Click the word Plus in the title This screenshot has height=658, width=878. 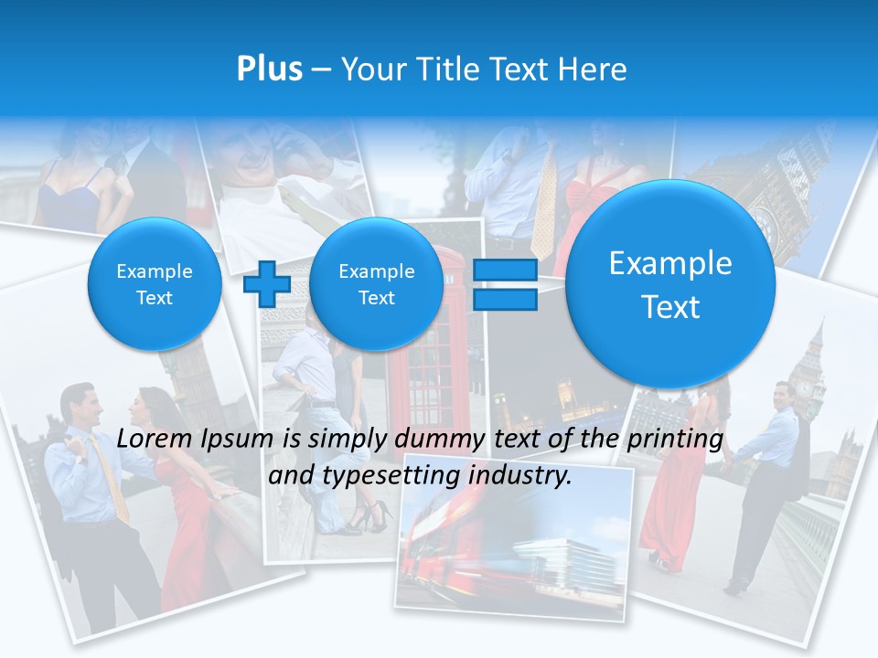point(269,69)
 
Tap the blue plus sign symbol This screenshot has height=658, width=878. point(266,283)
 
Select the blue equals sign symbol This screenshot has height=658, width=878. point(505,284)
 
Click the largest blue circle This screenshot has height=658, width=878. point(670,284)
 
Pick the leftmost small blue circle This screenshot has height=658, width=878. point(155,284)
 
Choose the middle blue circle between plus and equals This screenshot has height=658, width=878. point(376,284)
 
